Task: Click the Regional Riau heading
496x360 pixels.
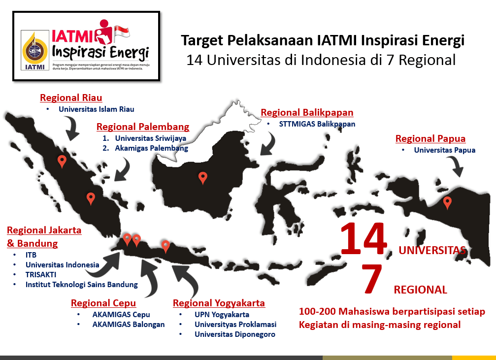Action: click(71, 98)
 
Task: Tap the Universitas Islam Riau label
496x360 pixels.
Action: click(96, 109)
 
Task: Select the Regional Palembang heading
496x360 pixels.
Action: click(143, 127)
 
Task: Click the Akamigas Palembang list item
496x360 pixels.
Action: click(152, 148)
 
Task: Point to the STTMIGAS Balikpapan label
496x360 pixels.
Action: click(317, 124)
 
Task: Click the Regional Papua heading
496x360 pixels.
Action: click(430, 138)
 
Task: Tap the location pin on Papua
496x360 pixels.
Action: click(447, 203)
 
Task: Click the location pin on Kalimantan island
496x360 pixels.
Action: click(203, 178)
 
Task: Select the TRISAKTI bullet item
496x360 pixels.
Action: click(41, 275)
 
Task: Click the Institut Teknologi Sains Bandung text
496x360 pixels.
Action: click(82, 285)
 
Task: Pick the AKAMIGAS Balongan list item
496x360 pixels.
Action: click(129, 325)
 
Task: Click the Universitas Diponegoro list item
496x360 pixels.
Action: click(235, 334)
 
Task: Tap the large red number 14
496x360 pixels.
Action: click(364, 238)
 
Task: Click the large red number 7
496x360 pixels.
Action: click(372, 278)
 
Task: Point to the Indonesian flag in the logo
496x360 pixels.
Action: click(122, 33)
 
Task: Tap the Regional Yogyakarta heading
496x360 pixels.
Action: click(219, 303)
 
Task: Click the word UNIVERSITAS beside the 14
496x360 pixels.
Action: click(432, 250)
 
